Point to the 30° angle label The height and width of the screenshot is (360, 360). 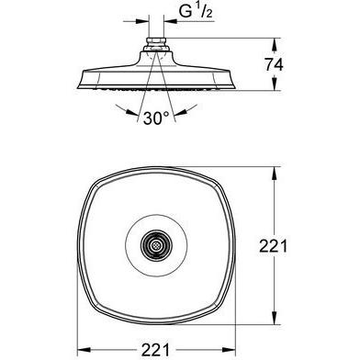(155, 118)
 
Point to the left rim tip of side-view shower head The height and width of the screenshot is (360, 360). (78, 76)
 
